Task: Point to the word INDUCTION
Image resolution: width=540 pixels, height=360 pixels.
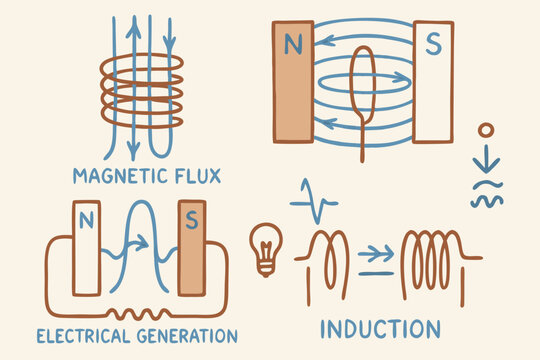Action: [x=380, y=329]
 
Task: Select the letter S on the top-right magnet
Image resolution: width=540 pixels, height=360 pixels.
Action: [x=434, y=45]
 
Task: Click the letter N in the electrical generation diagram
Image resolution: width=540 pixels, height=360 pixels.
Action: [x=85, y=217]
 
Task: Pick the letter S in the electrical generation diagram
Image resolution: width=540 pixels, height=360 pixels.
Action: [x=187, y=217]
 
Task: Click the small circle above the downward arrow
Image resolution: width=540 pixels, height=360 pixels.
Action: [x=486, y=130]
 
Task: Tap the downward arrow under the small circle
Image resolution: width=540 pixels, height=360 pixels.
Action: [x=486, y=158]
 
